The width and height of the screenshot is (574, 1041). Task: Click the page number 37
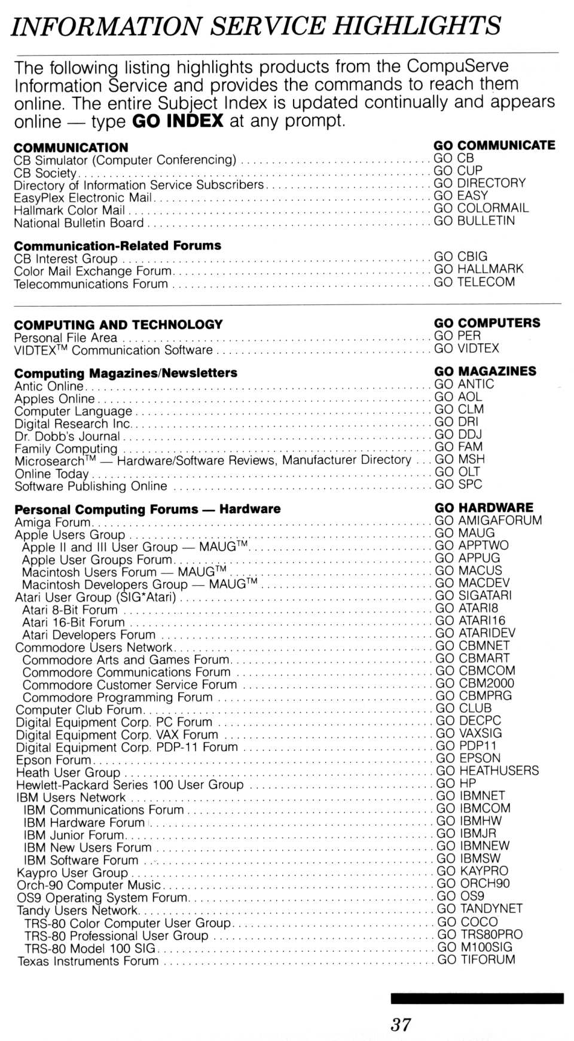pos(401,1024)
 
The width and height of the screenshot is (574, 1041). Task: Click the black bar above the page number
pos(477,998)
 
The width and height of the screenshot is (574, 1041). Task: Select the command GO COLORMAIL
pos(481,208)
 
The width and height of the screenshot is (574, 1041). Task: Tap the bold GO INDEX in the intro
pos(178,121)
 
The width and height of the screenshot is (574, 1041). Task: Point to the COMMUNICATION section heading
pos(71,148)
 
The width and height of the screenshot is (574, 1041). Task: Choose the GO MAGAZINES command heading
pos(485,371)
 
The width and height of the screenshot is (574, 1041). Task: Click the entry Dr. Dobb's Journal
pos(67,436)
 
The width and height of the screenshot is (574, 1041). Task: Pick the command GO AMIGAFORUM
pos(488,520)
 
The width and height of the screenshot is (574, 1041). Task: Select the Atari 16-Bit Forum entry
pos(73,622)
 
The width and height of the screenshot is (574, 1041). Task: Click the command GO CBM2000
pos(475,683)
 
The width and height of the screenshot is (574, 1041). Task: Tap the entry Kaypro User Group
pos(72,872)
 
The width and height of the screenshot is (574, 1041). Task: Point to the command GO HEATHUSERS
pos(487,771)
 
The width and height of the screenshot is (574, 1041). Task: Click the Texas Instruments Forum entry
pos(88,961)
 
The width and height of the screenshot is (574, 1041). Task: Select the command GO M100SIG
pos(475,947)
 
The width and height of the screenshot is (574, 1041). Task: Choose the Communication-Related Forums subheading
pos(117,246)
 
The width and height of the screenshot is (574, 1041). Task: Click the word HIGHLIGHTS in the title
pos(417,26)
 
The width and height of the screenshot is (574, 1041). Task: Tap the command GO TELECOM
pos(474,282)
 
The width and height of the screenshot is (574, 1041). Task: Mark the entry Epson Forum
pos(53,760)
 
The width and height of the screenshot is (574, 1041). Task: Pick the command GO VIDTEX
pos(466,349)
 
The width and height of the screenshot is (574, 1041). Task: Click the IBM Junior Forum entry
pos(73,835)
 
